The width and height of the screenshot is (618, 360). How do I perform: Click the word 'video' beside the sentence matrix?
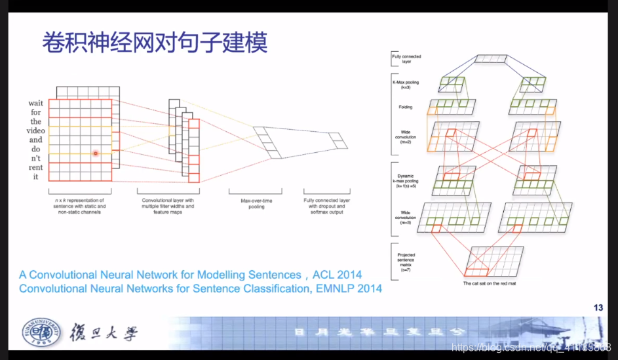pyautogui.click(x=35, y=130)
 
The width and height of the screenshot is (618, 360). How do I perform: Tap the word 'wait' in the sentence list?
pyautogui.click(x=35, y=103)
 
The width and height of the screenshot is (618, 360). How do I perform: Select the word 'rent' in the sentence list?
pyautogui.click(x=35, y=167)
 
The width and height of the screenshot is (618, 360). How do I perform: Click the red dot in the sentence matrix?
pyautogui.click(x=95, y=153)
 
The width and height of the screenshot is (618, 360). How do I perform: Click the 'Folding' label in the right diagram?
pyautogui.click(x=405, y=107)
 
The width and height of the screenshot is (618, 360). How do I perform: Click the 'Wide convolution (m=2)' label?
pyautogui.click(x=406, y=136)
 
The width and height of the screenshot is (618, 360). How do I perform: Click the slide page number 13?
pyautogui.click(x=598, y=307)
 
